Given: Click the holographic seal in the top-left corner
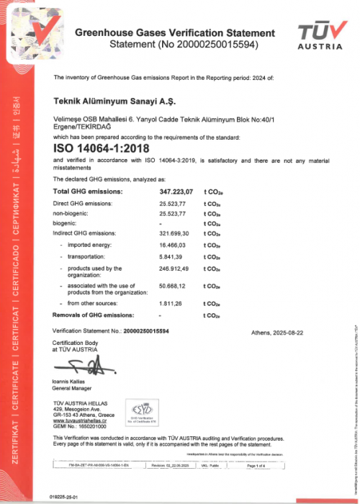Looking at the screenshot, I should (x=24, y=29).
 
